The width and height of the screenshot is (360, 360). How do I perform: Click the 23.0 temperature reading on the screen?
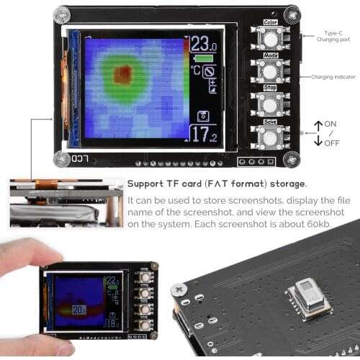click(204, 44)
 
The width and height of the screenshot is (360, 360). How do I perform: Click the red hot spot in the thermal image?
click(124, 73)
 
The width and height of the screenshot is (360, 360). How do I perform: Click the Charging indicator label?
click(331, 77)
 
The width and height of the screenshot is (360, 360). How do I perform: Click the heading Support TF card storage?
click(217, 184)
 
